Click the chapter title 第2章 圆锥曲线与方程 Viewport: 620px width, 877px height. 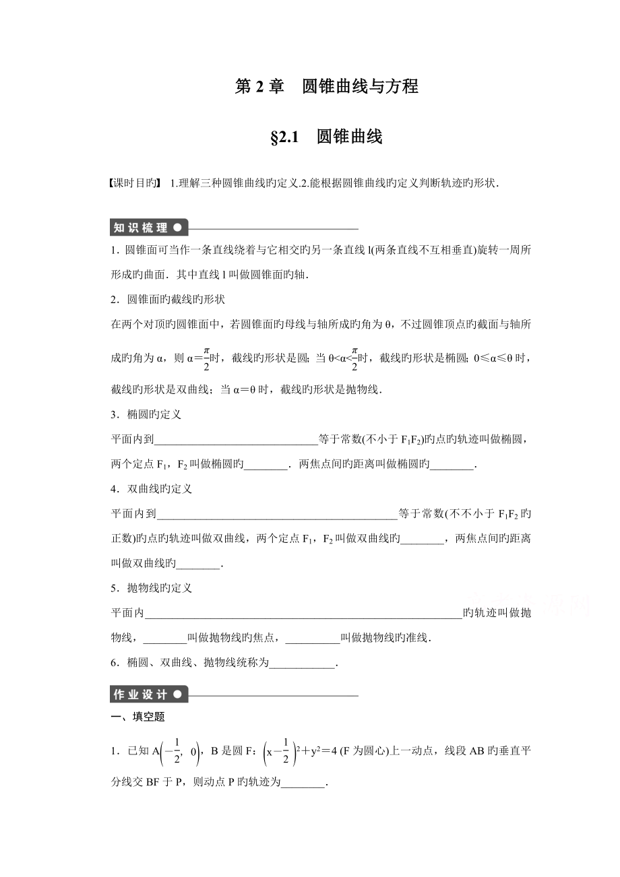coord(327,87)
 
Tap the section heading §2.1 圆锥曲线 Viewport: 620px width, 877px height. coord(326,137)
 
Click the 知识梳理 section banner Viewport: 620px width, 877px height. coord(149,228)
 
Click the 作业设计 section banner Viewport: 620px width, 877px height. coord(149,694)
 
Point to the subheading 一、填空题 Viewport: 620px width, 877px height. coord(137,717)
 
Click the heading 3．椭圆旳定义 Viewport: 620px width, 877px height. coord(146,414)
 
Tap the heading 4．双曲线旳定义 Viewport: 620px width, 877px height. coord(152,489)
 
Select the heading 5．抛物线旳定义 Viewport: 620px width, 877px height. coord(152,588)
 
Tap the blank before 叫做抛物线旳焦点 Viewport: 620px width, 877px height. coord(165,639)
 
